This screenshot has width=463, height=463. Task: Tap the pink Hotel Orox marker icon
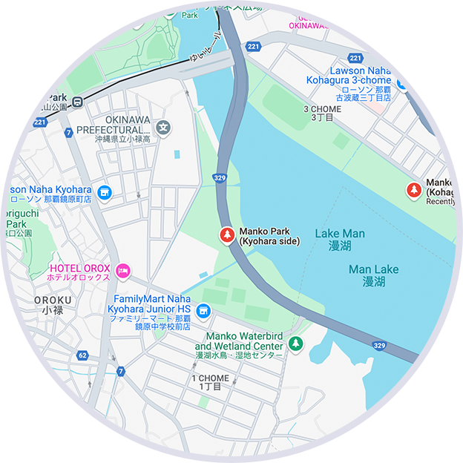pyautogui.click(x=123, y=269)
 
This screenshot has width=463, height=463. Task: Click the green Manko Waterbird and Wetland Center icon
pyautogui.click(x=296, y=343)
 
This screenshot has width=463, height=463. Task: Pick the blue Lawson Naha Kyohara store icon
pyautogui.click(x=105, y=193)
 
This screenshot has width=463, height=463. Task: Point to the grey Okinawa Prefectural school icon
pyautogui.click(x=165, y=127)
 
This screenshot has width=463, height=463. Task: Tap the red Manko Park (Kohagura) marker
pyautogui.click(x=413, y=191)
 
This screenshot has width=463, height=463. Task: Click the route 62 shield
pyautogui.click(x=82, y=356)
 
